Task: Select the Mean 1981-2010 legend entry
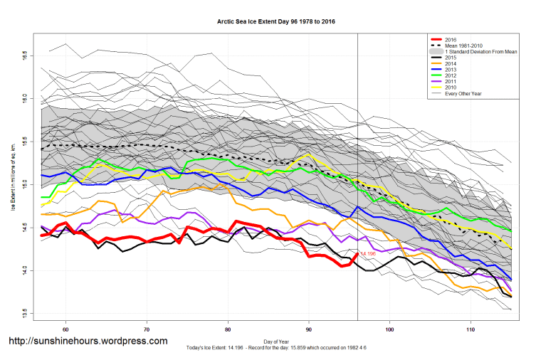[462, 46]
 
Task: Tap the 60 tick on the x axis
[65, 330]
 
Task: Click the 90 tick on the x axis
[309, 330]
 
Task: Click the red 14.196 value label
[368, 254]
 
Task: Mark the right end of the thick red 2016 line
[357, 253]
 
